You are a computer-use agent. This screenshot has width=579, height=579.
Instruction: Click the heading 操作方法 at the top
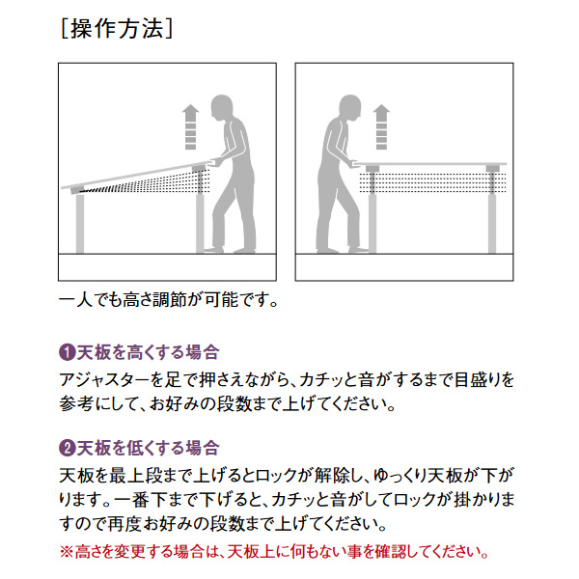117,28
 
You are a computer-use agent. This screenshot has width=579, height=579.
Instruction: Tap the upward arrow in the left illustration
190,126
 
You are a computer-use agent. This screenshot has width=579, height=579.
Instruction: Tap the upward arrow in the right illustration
381,126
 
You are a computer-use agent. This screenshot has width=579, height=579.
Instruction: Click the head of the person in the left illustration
222,108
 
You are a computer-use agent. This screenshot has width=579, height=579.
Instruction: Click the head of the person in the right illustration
349,108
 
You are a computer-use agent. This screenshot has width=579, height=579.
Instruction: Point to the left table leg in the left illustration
80,224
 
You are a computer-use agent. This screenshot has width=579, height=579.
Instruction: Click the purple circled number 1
67,352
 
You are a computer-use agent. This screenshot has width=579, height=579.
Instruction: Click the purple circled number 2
67,448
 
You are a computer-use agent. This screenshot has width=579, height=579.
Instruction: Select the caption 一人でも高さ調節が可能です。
169,300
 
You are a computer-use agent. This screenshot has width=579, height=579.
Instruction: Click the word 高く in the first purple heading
140,352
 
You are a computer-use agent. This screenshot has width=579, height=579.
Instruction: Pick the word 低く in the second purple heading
140,448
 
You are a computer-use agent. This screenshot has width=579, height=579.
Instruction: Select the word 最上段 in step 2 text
136,476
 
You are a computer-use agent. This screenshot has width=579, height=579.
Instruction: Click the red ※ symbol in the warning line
67,552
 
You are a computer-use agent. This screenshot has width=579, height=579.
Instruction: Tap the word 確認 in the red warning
392,552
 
